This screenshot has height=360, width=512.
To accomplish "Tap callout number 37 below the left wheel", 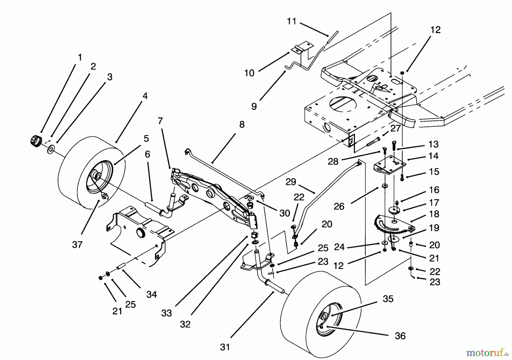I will (x=77, y=244).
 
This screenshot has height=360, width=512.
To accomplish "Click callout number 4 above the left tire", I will (x=145, y=96).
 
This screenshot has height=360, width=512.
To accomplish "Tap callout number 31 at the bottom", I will (x=225, y=347).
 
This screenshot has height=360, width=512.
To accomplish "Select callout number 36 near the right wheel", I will (x=400, y=336).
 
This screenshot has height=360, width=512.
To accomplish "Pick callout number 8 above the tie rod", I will (x=241, y=124).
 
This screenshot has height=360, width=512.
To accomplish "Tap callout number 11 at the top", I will (x=292, y=21).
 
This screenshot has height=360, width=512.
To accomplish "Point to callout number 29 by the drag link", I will (x=291, y=182).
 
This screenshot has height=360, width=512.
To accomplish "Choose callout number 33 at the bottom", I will (x=166, y=313).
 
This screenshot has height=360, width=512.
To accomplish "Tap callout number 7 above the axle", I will (x=160, y=121).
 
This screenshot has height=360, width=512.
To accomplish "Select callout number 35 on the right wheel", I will (x=388, y=299).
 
